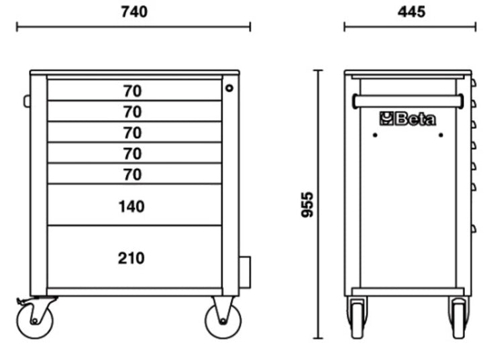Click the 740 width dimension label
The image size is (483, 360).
point(134,11)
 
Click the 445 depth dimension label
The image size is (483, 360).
point(411,11)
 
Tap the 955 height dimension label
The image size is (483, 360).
point(307,204)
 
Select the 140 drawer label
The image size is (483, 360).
point(131,206)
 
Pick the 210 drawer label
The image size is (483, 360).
point(131,258)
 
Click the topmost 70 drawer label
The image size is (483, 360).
point(133,91)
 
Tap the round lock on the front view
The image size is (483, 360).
point(229,88)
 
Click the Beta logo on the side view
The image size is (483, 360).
point(408,119)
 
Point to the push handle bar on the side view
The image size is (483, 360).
point(408,101)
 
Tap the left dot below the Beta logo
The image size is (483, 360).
point(375,135)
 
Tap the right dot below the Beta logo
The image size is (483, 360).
point(441,135)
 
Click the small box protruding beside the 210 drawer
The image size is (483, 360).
point(245,272)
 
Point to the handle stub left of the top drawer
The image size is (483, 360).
point(27,101)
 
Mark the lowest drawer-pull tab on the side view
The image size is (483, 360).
point(474,229)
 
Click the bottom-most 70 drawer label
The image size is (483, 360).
point(133,174)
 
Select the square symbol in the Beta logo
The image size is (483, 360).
point(386,119)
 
